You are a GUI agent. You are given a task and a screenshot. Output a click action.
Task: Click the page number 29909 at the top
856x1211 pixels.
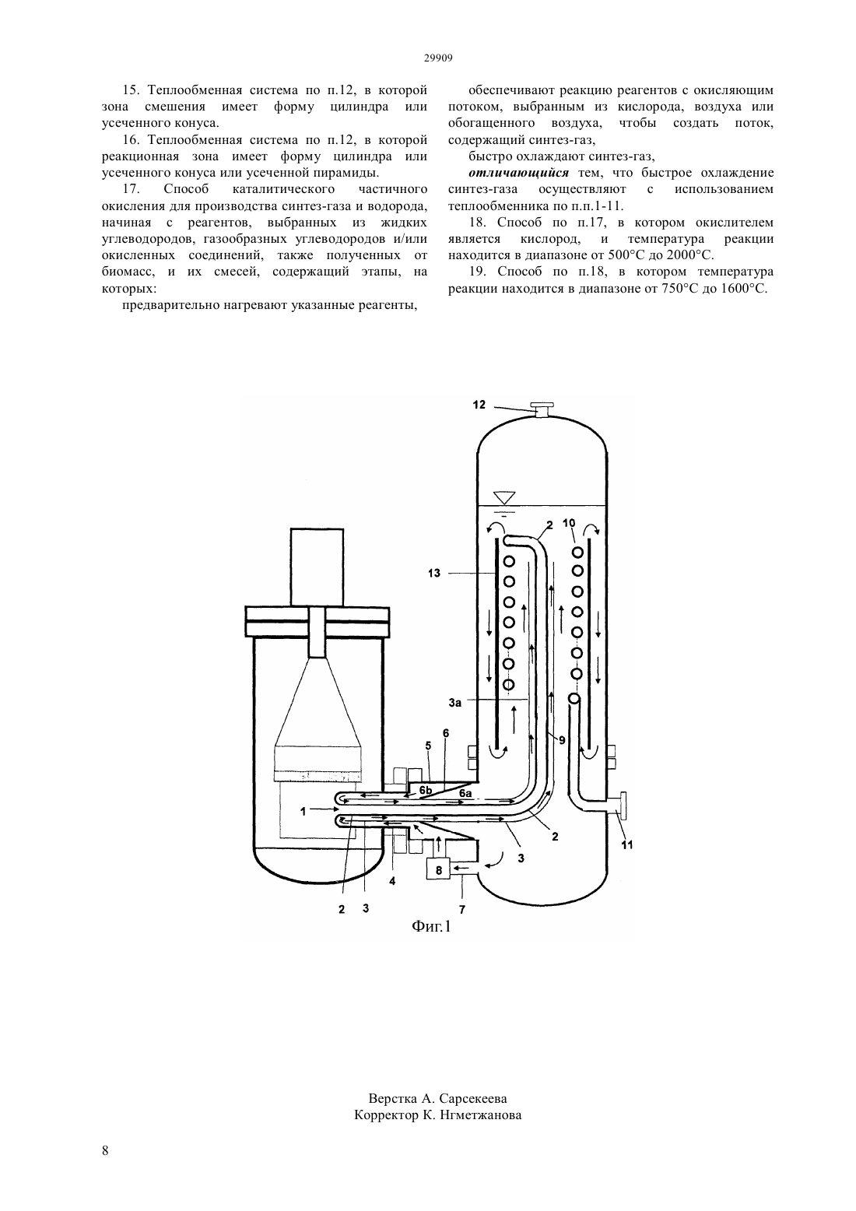tap(437, 58)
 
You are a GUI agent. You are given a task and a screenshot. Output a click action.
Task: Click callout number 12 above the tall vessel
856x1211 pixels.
tap(479, 405)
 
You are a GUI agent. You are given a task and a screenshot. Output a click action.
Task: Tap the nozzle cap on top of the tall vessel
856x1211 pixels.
tap(542, 405)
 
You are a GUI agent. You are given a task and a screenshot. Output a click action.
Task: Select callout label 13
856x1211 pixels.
tap(434, 573)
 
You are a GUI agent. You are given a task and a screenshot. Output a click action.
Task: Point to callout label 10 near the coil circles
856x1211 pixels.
tap(569, 523)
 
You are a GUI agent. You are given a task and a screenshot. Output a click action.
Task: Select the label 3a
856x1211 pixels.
tap(455, 703)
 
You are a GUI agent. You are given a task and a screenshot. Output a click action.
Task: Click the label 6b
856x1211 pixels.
tap(426, 791)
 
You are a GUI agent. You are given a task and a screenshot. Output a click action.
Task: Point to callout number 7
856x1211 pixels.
tap(462, 910)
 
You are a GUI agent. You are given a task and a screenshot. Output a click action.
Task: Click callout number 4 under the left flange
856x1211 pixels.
tap(392, 881)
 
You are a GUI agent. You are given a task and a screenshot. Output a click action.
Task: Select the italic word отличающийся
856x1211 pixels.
tap(519, 173)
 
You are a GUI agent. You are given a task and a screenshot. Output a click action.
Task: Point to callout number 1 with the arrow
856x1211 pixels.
tap(303, 811)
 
